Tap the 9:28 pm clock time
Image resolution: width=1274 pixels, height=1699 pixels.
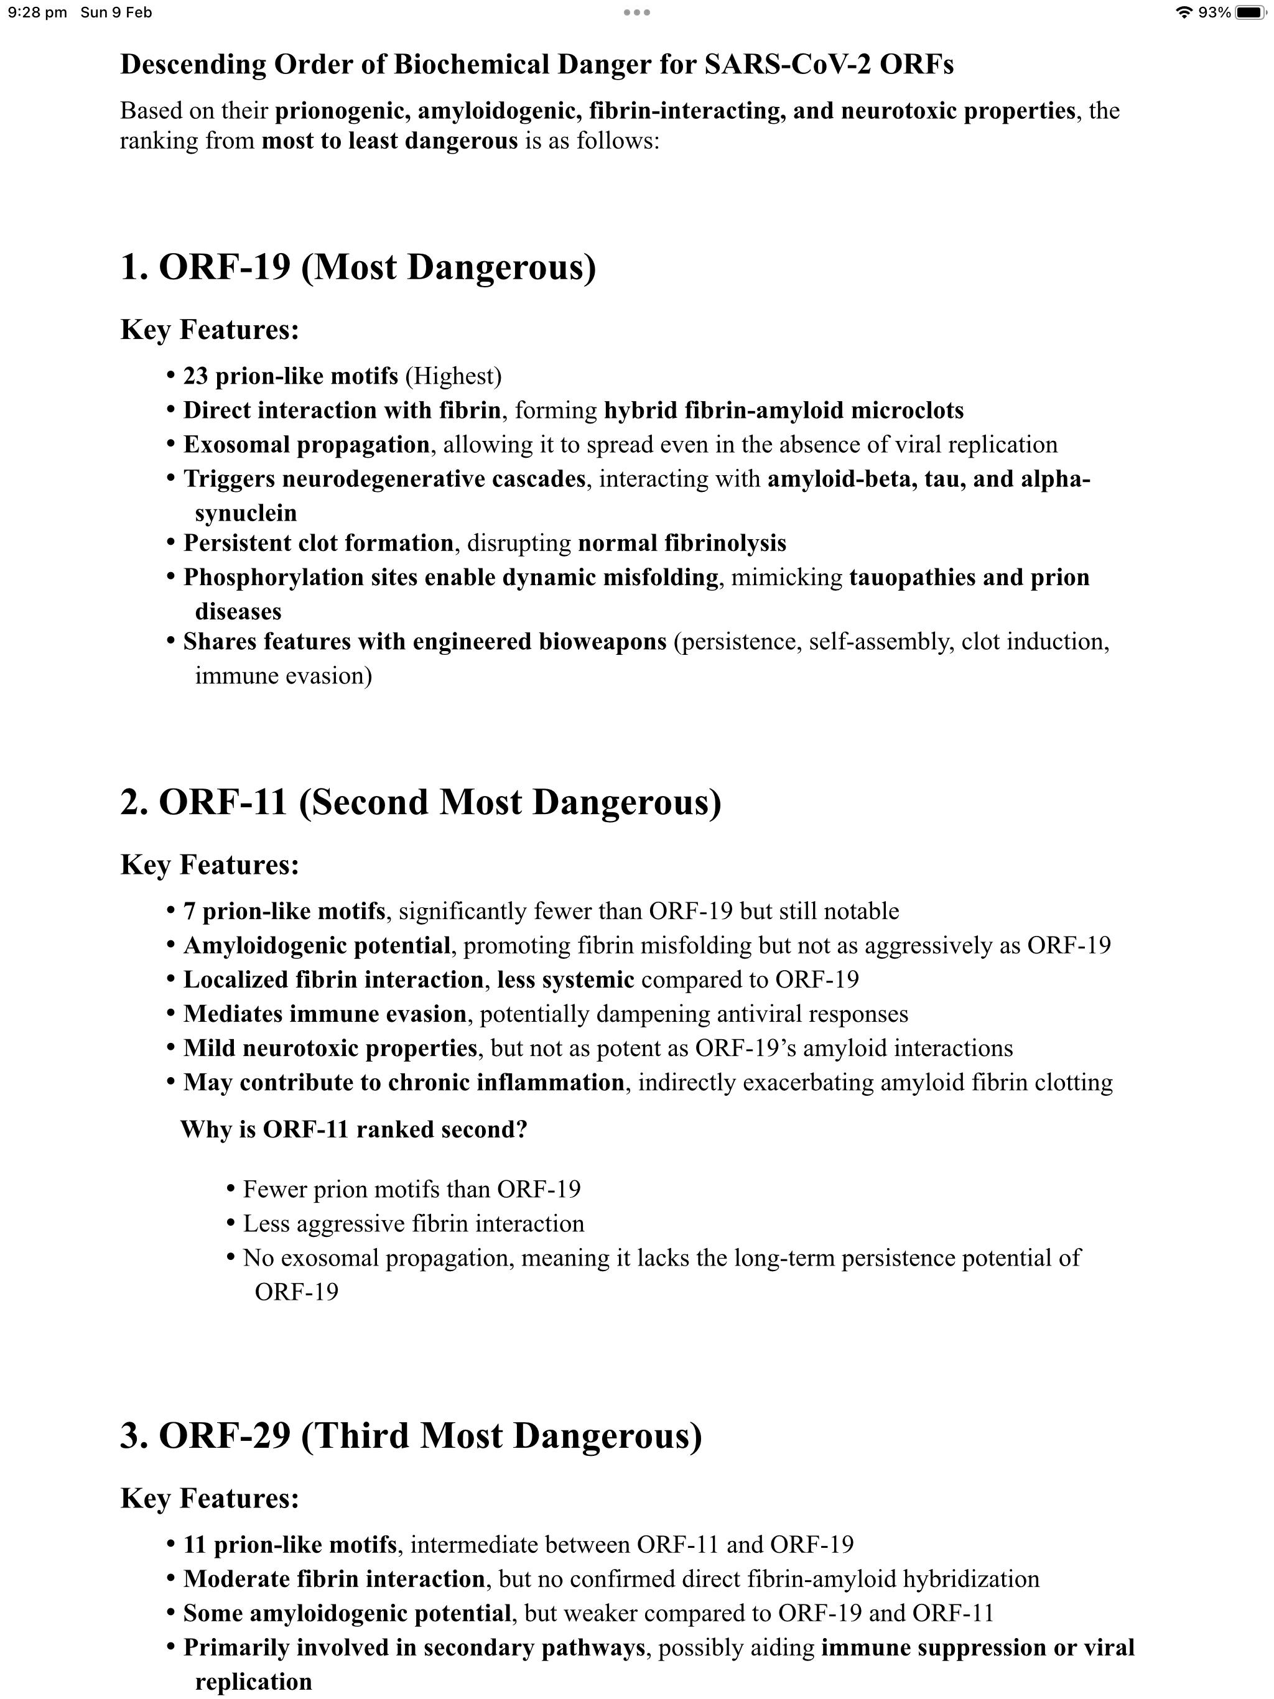pyautogui.click(x=37, y=12)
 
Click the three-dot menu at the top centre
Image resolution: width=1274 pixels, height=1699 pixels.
pyautogui.click(x=637, y=12)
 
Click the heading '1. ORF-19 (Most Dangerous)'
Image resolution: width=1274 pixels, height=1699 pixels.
pyautogui.click(x=358, y=267)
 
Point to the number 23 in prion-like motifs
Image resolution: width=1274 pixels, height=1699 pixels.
pyautogui.click(x=196, y=376)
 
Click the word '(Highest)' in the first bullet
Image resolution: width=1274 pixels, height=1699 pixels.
pyautogui.click(x=453, y=376)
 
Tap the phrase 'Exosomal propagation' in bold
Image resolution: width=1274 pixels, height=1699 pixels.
pyautogui.click(x=306, y=445)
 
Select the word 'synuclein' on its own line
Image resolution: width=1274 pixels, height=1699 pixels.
pyautogui.click(x=246, y=512)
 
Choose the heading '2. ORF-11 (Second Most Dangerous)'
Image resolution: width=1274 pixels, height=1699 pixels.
pyautogui.click(x=421, y=802)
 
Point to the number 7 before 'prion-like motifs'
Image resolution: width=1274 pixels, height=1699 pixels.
pyautogui.click(x=189, y=911)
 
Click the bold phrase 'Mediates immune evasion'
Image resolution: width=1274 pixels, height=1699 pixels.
pyautogui.click(x=324, y=1014)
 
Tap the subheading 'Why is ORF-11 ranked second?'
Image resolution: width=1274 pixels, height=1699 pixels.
pyautogui.click(x=353, y=1129)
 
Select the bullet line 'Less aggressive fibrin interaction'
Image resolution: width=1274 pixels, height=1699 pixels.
pyautogui.click(x=414, y=1223)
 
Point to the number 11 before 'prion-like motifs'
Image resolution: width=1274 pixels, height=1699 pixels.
pyautogui.click(x=195, y=1545)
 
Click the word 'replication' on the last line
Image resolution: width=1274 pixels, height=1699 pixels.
pyautogui.click(x=254, y=1682)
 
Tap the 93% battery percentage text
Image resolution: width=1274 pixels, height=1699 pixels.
pyautogui.click(x=1215, y=12)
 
